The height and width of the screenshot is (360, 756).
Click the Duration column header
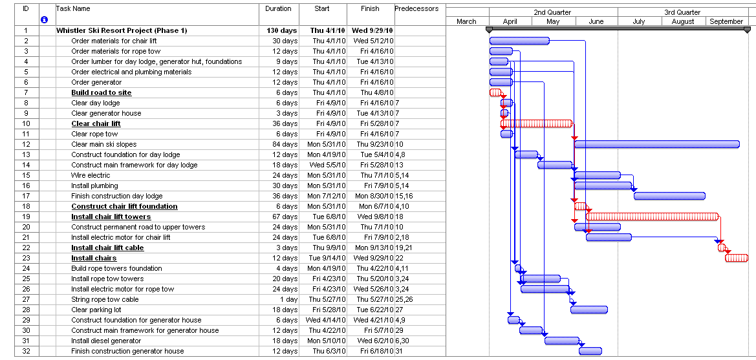[279, 9]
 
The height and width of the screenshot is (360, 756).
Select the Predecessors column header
[416, 9]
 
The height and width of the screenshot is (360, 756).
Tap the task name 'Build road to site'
[101, 92]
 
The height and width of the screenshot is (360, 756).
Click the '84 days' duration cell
[283, 144]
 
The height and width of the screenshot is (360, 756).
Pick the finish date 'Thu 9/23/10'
[371, 144]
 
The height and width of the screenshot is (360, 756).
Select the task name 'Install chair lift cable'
[107, 248]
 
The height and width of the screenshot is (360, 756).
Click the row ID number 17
[26, 196]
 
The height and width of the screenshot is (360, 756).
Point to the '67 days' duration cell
[283, 217]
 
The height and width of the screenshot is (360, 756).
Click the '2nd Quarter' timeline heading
[553, 12]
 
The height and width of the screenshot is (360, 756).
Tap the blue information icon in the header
[44, 20]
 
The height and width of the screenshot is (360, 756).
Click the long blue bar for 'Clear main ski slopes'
[656, 144]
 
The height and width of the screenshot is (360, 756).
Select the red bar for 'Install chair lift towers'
[652, 217]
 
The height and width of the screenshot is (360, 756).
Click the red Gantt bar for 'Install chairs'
[737, 258]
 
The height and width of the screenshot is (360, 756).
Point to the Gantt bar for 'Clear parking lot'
[589, 310]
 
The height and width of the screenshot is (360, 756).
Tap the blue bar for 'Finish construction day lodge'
[669, 196]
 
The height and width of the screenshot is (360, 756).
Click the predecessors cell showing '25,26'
[404, 299]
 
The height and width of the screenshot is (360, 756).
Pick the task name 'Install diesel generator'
[105, 341]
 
